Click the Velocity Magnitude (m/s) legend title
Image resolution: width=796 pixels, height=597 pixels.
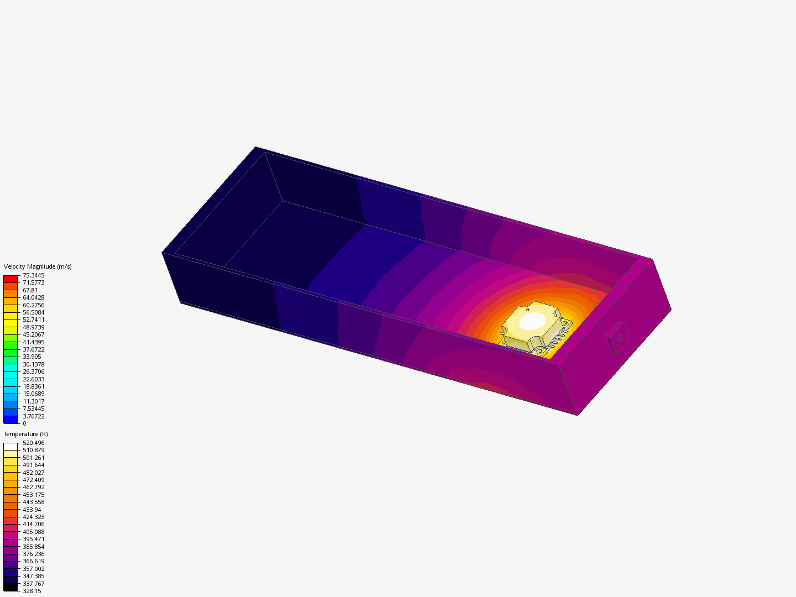(x=38, y=266)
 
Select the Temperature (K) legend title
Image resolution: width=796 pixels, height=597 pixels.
(x=26, y=434)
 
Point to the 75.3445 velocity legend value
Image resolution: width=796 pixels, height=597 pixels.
(x=33, y=275)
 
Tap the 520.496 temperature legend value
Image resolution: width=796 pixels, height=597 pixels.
(x=33, y=443)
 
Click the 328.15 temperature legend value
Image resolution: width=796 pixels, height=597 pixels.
(x=32, y=591)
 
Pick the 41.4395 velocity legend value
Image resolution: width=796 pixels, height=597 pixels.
(x=33, y=342)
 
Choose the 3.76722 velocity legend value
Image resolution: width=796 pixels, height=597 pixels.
(x=33, y=416)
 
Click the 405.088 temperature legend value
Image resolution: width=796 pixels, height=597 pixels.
(x=33, y=532)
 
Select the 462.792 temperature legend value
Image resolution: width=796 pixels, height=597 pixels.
(x=33, y=487)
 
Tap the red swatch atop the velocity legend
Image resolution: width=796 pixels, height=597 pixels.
(x=11, y=279)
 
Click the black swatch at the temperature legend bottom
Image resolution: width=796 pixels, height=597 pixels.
(x=11, y=587)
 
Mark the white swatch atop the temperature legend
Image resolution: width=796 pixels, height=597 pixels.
(x=11, y=447)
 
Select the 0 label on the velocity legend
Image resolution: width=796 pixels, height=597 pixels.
(x=24, y=423)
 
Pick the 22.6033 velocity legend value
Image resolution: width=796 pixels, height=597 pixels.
(x=33, y=379)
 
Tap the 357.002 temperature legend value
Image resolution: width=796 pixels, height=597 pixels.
(x=33, y=569)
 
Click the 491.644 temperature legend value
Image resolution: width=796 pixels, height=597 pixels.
(x=33, y=465)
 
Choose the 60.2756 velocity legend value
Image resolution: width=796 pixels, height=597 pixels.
(x=33, y=305)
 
